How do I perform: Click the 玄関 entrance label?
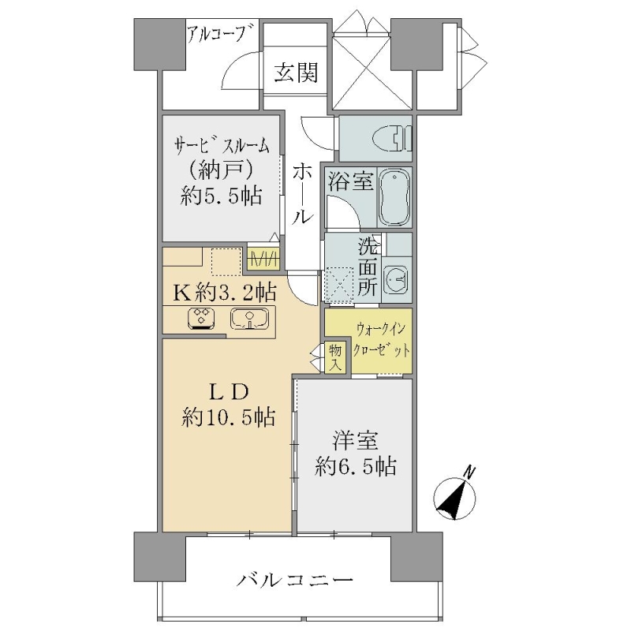coord(297,73)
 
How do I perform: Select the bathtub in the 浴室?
coord(395,197)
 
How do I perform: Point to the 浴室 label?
coord(350,181)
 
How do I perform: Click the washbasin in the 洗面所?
coord(397,278)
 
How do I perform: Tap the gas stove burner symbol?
coord(201,319)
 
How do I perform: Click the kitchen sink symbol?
coord(249,319)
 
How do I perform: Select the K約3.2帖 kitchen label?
coord(224,293)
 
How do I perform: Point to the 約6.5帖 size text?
coord(356,467)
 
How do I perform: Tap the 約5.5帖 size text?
coord(222,196)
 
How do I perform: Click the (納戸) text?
coord(222,170)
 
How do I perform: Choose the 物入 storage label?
coord(334,358)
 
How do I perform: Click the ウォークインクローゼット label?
coord(382,340)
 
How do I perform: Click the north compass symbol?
coord(455,498)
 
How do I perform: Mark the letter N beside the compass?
coord(469,472)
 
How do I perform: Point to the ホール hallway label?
coord(303,194)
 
